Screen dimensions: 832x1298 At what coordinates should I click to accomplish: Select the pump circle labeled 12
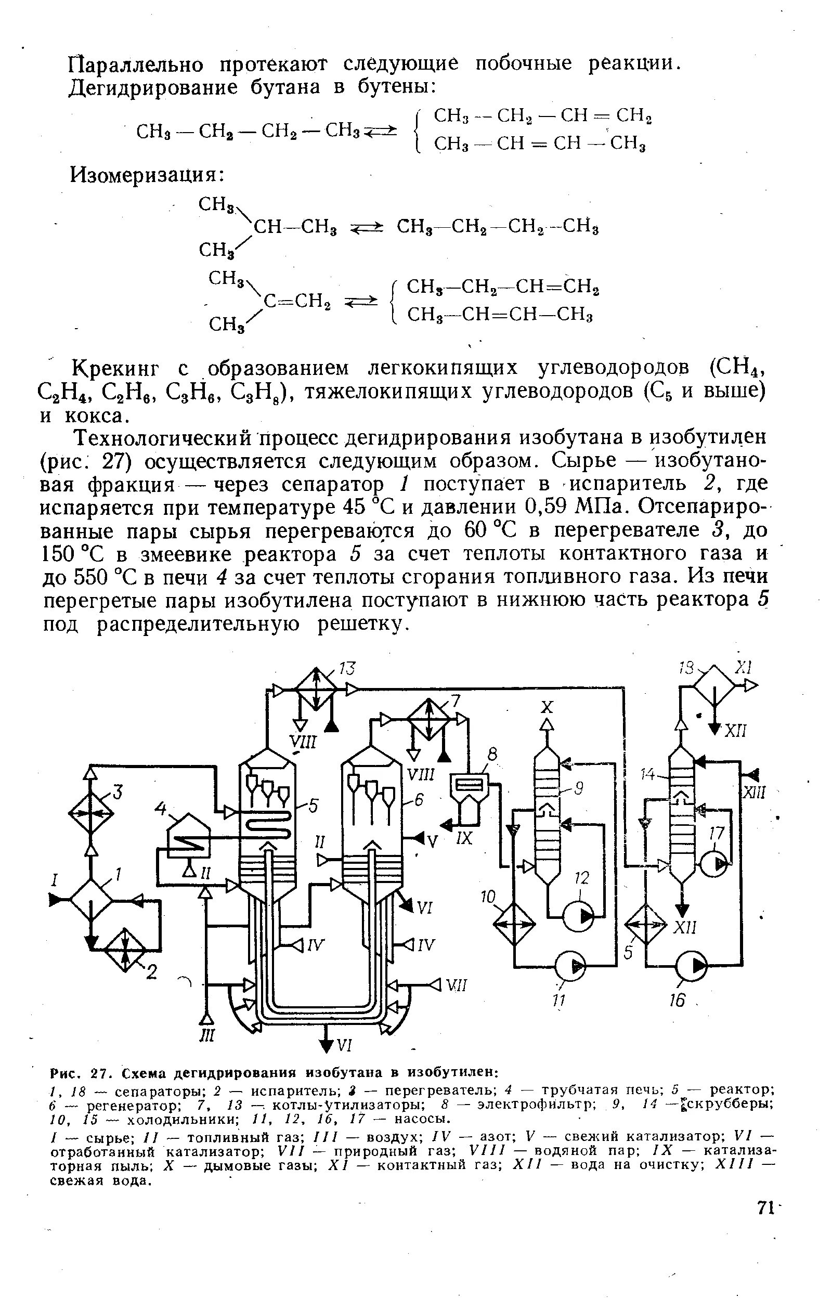(x=579, y=915)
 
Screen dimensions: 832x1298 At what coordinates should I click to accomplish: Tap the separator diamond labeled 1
(x=92, y=900)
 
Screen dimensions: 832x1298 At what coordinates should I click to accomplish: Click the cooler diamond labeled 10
(x=514, y=924)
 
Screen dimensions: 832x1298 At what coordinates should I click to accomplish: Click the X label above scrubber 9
(x=548, y=707)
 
